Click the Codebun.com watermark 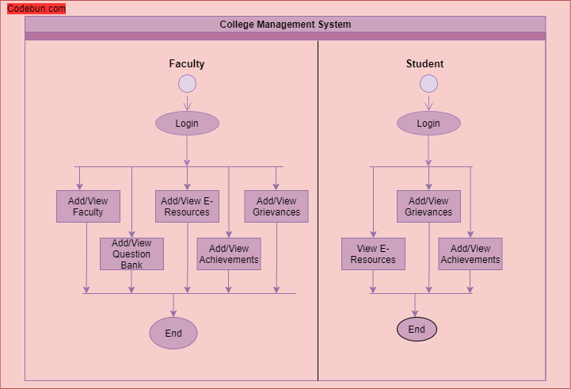36,9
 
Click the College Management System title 285,25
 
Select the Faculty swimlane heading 187,64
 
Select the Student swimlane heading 424,64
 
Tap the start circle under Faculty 187,84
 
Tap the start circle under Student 428,84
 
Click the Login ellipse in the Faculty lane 187,124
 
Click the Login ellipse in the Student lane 428,124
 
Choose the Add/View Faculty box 88,207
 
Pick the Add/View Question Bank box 131,254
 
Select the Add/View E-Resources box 187,207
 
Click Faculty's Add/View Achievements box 229,254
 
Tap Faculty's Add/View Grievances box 276,207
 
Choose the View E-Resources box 373,254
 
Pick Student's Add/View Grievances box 428,207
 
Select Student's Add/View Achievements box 470,254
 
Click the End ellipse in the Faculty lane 173,334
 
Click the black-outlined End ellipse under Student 417,330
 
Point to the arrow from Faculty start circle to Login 187,102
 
